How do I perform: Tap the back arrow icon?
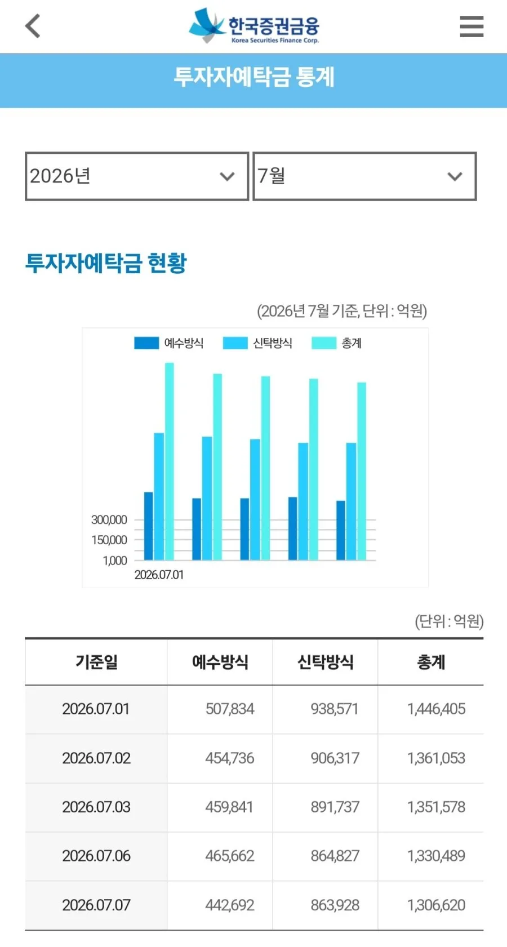pyautogui.click(x=33, y=26)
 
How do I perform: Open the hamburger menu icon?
pyautogui.click(x=472, y=26)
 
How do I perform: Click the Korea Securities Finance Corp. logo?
pyautogui.click(x=253, y=26)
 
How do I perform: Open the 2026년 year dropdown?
pyautogui.click(x=136, y=176)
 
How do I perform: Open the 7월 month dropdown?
pyautogui.click(x=364, y=176)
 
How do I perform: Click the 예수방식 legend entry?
pyautogui.click(x=168, y=343)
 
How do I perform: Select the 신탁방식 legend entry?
pyautogui.click(x=257, y=343)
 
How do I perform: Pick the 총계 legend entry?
pyautogui.click(x=336, y=343)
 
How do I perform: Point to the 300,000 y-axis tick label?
pyautogui.click(x=109, y=519)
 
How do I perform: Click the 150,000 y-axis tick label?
pyautogui.click(x=109, y=540)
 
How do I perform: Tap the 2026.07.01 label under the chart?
pyautogui.click(x=159, y=575)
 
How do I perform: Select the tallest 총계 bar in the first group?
pyautogui.click(x=169, y=461)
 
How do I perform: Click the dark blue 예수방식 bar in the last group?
pyautogui.click(x=341, y=531)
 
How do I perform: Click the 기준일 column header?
pyautogui.click(x=96, y=662)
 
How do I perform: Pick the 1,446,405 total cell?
pyautogui.click(x=436, y=709)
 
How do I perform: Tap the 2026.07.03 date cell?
pyautogui.click(x=96, y=807)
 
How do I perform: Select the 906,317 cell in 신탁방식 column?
pyautogui.click(x=335, y=758)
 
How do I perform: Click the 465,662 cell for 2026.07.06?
pyautogui.click(x=230, y=856)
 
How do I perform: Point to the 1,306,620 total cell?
pyautogui.click(x=436, y=905)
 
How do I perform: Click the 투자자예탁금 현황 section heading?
pyautogui.click(x=106, y=263)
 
